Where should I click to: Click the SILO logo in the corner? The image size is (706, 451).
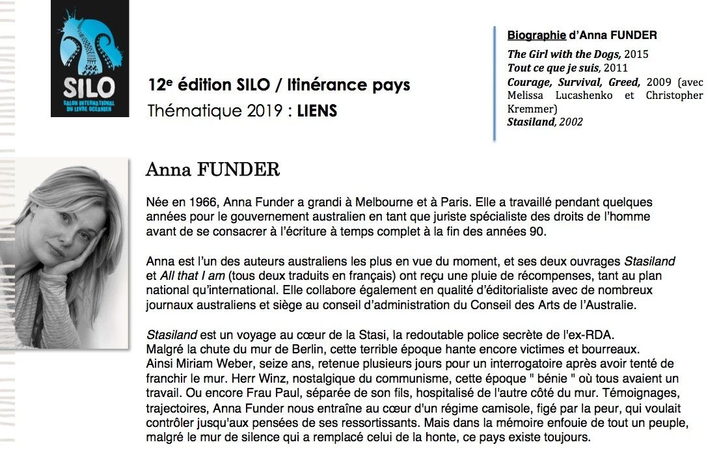89,59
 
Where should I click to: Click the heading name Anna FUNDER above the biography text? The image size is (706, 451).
212,170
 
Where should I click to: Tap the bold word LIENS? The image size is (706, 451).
317,111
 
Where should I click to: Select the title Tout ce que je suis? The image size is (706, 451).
553,68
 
